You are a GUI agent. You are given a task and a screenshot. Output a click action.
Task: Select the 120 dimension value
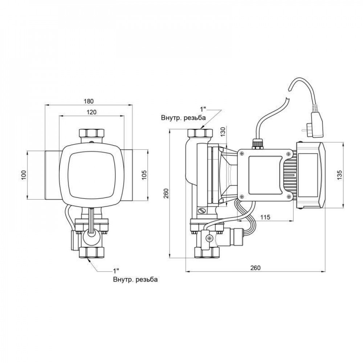click(x=91, y=112)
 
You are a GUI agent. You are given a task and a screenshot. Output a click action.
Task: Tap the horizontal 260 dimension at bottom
click(x=256, y=268)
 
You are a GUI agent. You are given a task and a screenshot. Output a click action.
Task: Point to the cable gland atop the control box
click(x=257, y=144)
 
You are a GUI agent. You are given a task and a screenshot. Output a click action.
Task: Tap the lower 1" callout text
click(x=116, y=271)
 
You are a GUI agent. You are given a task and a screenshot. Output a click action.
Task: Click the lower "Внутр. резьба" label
click(x=135, y=280)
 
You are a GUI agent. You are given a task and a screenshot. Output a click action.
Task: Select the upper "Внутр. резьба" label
click(x=183, y=118)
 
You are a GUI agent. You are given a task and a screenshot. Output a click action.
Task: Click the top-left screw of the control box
click(x=241, y=154)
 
